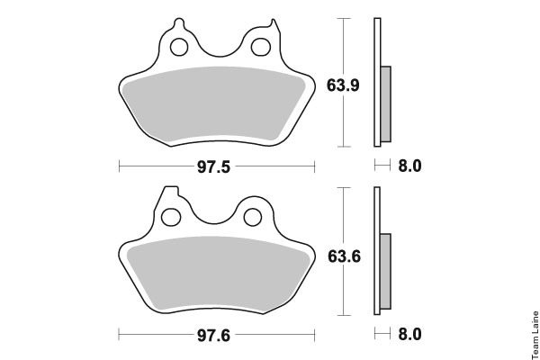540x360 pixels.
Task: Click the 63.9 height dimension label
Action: (343, 85)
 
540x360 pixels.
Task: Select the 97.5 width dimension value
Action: (213, 167)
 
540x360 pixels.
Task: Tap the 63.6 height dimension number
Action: (344, 256)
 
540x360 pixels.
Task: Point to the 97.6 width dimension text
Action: (213, 336)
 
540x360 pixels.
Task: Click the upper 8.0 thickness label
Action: (409, 166)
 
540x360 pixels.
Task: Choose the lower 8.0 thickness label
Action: (409, 335)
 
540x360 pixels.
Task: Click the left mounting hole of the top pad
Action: (179, 47)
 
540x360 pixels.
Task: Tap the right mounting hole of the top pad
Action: (261, 47)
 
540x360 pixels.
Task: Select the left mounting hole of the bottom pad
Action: (171, 218)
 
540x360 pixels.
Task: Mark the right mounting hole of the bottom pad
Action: (253, 218)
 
